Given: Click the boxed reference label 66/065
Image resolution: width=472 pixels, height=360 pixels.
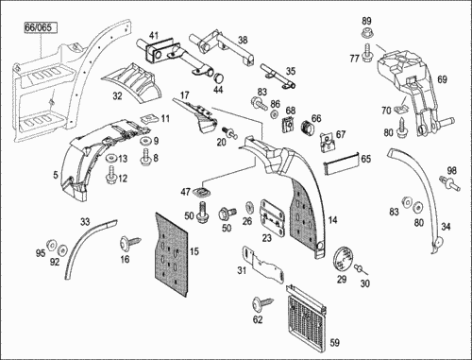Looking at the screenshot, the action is [x=41, y=27].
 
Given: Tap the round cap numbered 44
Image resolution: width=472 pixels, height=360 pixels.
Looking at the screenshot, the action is [x=218, y=78].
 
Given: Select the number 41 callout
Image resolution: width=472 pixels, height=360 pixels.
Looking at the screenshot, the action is [x=154, y=35].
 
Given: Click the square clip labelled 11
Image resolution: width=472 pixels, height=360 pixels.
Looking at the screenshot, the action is [x=149, y=118].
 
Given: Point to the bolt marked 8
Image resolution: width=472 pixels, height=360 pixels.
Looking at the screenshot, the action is [x=145, y=157].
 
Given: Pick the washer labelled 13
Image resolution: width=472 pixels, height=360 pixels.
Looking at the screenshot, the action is [x=111, y=157].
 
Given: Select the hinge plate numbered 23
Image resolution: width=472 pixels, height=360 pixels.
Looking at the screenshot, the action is [x=273, y=218].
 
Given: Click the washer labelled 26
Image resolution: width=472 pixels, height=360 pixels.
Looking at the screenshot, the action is [x=249, y=208].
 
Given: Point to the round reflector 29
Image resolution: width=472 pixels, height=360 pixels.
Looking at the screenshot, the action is [x=344, y=259].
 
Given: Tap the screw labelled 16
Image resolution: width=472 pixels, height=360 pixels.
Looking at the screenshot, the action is [x=130, y=243].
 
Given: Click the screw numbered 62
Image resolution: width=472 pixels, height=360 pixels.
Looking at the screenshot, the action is [x=262, y=303].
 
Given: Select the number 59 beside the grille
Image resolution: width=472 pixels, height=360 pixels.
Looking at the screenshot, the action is [x=335, y=342].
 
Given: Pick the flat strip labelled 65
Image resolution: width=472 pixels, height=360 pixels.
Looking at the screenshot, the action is [x=341, y=163].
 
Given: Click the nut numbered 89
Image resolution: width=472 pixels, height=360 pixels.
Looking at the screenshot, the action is [x=366, y=32].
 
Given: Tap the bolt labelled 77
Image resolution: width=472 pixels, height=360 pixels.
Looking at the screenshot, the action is [x=367, y=54].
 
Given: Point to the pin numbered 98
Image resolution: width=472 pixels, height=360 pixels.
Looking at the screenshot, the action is [x=450, y=183].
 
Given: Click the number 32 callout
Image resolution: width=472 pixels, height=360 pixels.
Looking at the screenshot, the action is [x=117, y=95].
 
